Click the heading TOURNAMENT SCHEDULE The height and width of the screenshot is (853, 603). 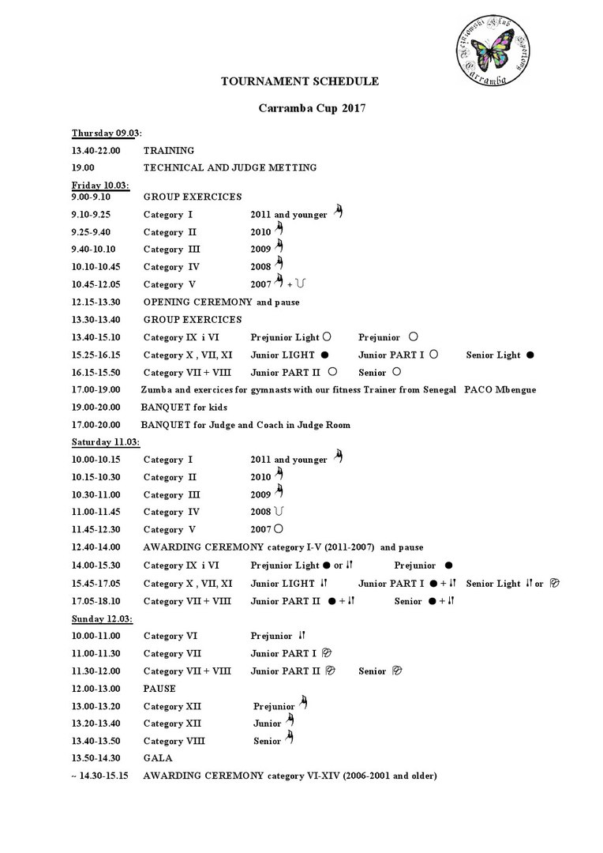pyautogui.click(x=300, y=81)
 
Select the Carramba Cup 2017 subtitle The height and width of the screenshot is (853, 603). pyautogui.click(x=301, y=107)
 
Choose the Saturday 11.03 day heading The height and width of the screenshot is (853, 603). pyautogui.click(x=104, y=442)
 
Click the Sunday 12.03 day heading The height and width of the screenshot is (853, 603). pyautogui.click(x=101, y=618)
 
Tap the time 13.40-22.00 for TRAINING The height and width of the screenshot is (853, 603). pyautogui.click(x=96, y=150)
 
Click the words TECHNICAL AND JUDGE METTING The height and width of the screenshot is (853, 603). pyautogui.click(x=230, y=167)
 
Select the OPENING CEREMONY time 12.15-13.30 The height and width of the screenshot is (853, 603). pyautogui.click(x=96, y=302)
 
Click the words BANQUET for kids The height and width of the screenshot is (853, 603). pyautogui.click(x=184, y=408)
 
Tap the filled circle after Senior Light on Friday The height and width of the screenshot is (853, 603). pyautogui.click(x=530, y=355)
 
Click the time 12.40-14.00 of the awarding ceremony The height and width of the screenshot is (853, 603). pyautogui.click(x=96, y=547)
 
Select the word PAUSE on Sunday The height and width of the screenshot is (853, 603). pyautogui.click(x=159, y=689)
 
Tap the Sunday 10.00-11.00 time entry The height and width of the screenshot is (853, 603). pyautogui.click(x=96, y=636)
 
